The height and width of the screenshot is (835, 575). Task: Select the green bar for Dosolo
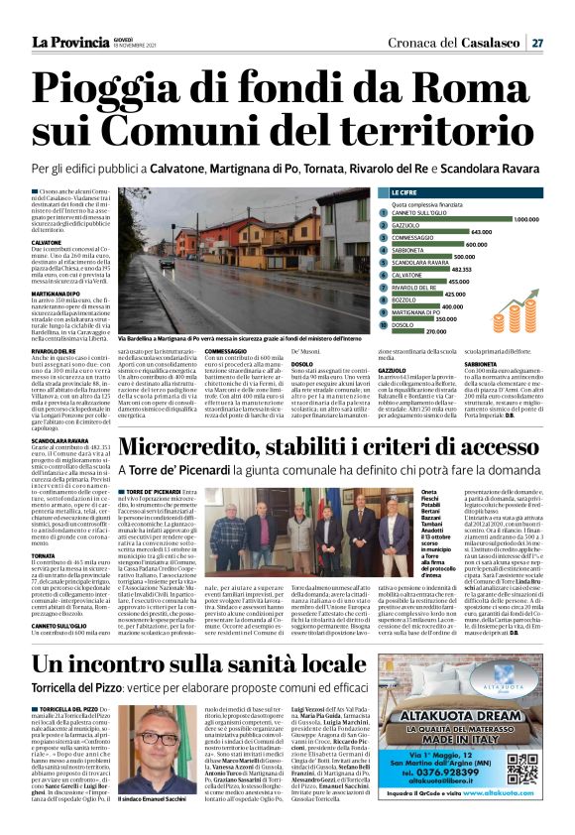click(x=407, y=330)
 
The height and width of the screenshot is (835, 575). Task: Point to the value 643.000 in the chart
click(x=481, y=231)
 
